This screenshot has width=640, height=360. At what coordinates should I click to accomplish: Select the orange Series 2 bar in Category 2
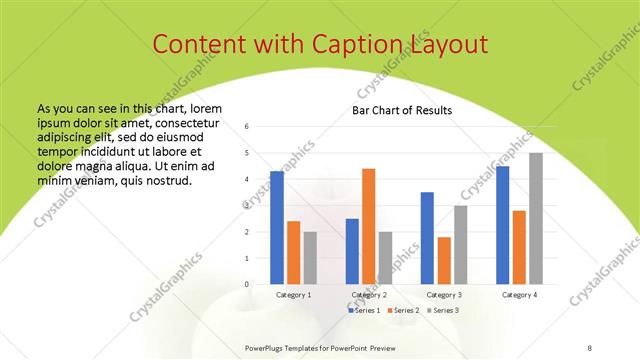pyautogui.click(x=368, y=226)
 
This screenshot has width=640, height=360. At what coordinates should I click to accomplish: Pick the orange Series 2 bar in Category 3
pyautogui.click(x=443, y=260)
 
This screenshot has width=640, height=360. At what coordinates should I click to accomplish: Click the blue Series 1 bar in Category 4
pyautogui.click(x=502, y=225)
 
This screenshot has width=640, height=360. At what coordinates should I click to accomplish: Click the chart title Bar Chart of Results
pyautogui.click(x=402, y=110)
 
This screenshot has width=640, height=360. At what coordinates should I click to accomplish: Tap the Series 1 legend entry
pyautogui.click(x=364, y=311)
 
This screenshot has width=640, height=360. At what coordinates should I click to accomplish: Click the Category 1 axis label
pyautogui.click(x=293, y=295)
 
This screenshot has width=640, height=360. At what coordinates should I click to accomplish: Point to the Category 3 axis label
pyautogui.click(x=443, y=295)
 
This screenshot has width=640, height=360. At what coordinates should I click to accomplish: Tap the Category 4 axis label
pyautogui.click(x=518, y=295)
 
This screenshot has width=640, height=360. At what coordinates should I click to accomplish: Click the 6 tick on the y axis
pyautogui.click(x=261, y=127)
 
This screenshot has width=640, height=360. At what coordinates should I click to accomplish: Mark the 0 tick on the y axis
pyautogui.click(x=261, y=284)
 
